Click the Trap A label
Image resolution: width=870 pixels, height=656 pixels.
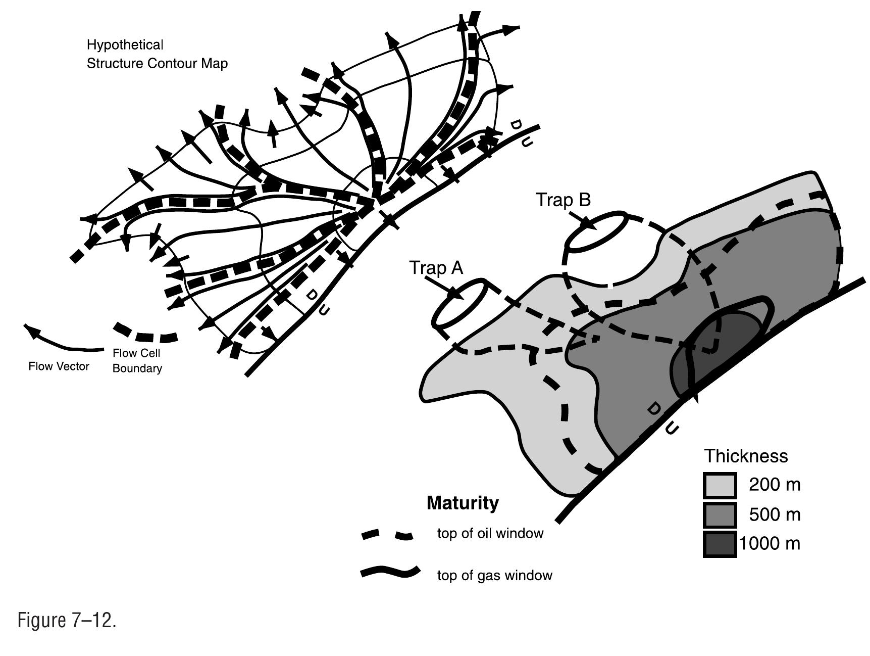436,268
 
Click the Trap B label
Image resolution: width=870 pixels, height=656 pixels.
563,200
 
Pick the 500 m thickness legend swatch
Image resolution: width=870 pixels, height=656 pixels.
720,515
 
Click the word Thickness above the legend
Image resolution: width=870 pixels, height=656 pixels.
746,456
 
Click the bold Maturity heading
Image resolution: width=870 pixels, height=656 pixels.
463,503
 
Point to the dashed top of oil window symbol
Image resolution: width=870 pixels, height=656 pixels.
387,535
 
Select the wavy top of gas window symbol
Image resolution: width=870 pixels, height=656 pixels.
389,572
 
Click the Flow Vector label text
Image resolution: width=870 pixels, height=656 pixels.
59,366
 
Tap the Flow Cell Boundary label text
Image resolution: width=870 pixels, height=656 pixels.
137,361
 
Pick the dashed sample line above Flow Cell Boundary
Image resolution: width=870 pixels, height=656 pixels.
145,334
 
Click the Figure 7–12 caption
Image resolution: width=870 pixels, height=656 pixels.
67,620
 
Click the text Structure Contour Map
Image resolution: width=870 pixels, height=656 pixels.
157,64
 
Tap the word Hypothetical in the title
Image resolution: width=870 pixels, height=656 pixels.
125,45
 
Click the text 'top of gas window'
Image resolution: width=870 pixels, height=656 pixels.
494,576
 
